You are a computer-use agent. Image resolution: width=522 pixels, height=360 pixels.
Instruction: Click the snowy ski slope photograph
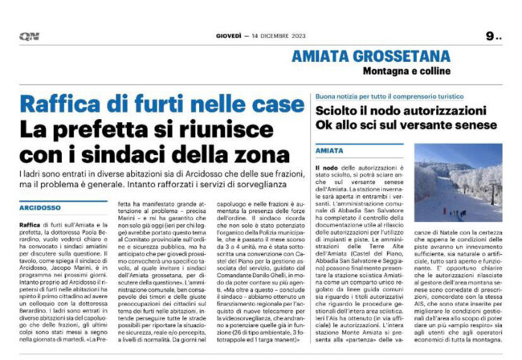point(459,183)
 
